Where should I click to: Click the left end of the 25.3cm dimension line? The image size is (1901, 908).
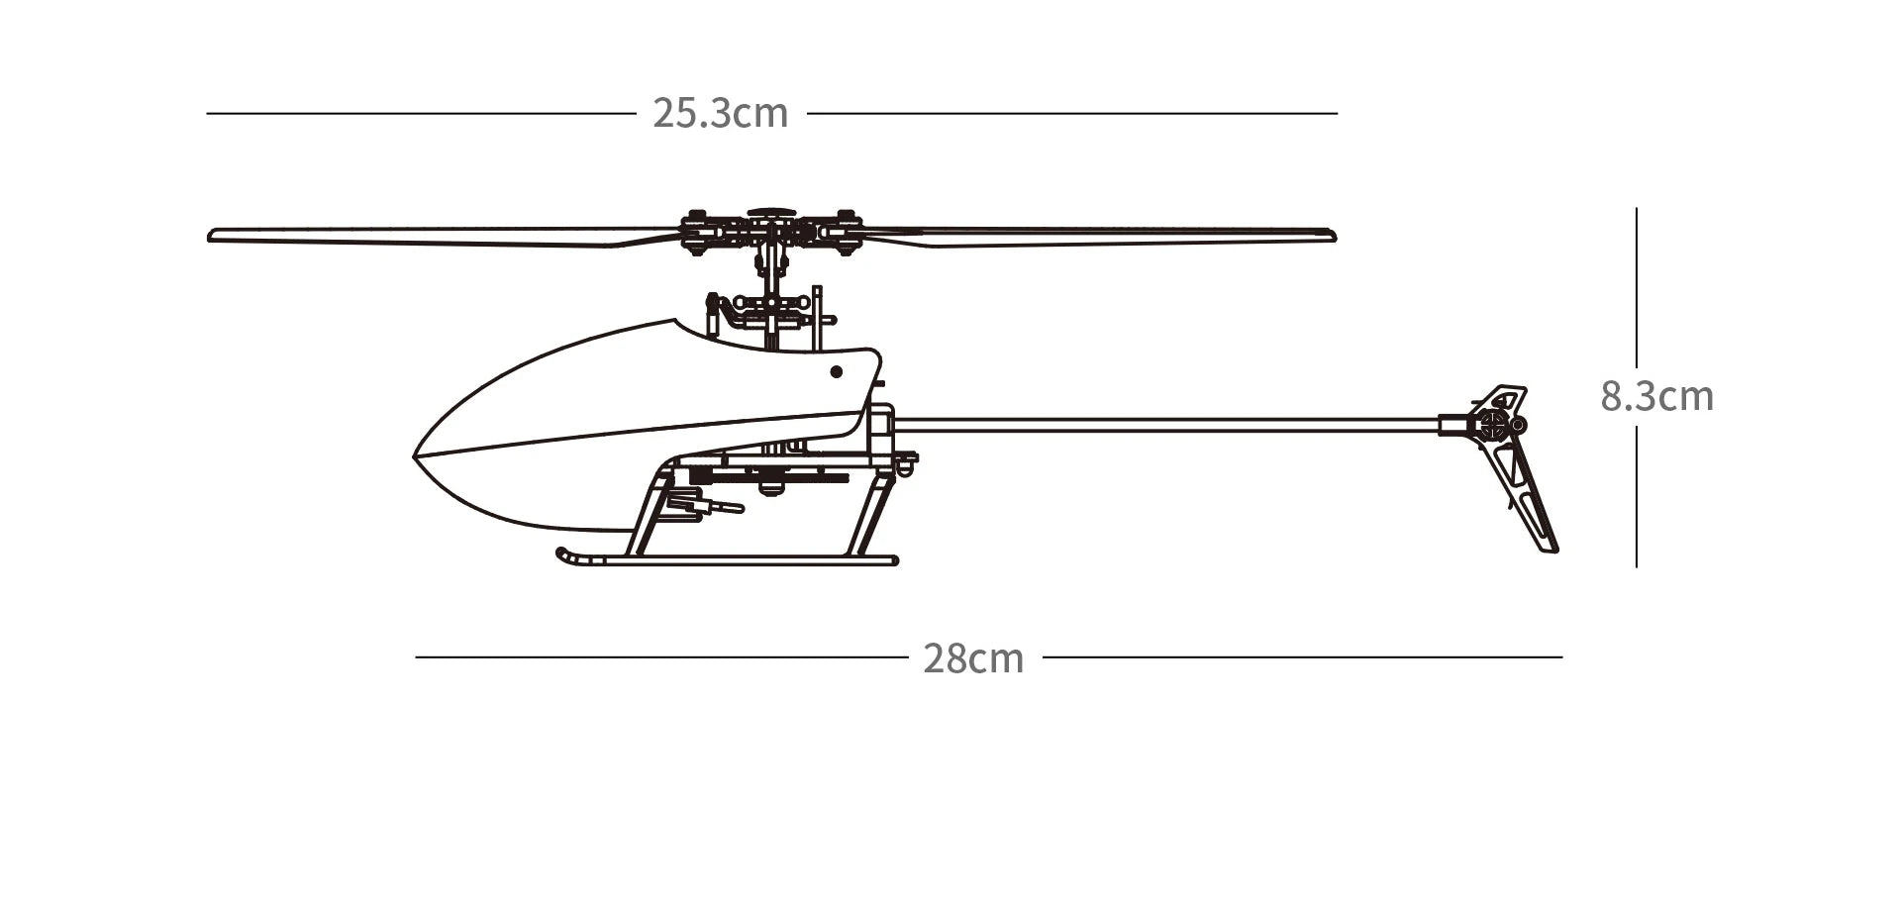coord(207,113)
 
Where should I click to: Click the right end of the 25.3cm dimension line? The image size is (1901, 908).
coord(1337,113)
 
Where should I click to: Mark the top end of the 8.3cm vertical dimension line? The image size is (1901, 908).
coord(1636,208)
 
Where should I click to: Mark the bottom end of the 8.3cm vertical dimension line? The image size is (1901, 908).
coord(1636,567)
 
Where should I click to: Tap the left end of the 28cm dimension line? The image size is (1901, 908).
coord(416,656)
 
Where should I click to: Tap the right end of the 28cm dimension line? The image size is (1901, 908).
coord(1562,656)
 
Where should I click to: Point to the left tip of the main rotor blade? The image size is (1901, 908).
coord(208,236)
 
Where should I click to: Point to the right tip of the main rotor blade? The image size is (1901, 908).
coord(1336,236)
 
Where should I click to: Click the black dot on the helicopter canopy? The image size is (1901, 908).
coord(836,372)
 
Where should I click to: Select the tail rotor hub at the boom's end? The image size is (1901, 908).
coord(1493,426)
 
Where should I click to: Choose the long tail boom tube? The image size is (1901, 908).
coord(1166,425)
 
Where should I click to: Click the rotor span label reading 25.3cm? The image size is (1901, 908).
coord(721,113)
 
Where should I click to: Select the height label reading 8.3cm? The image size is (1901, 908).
coord(1657,396)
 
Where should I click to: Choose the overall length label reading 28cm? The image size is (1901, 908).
coord(974,658)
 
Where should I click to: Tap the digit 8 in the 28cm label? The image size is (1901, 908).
coord(955,658)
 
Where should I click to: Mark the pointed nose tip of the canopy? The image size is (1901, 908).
coord(414,455)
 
